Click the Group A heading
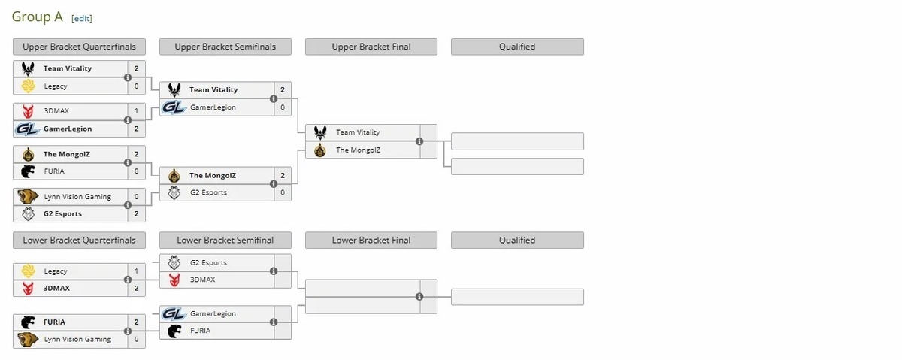point(38,17)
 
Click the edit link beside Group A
point(82,18)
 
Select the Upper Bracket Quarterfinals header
point(79,47)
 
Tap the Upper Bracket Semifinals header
point(225,47)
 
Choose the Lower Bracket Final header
point(371,241)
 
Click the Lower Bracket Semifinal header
point(225,241)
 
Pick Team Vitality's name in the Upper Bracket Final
point(358,132)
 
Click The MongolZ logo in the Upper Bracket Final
point(321,150)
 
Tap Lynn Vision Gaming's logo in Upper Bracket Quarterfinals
point(28,197)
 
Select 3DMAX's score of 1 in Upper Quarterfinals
point(136,111)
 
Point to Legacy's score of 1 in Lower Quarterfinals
point(136,271)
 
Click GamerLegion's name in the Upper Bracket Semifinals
point(213,107)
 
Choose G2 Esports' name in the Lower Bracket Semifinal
point(208,263)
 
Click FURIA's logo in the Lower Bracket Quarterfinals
point(28,322)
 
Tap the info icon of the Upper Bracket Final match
point(419,141)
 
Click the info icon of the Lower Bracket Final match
point(419,297)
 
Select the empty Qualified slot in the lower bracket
point(517,297)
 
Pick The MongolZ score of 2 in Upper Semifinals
point(282,176)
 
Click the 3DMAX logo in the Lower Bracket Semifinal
point(174,280)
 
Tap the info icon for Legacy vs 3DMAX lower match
point(128,280)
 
